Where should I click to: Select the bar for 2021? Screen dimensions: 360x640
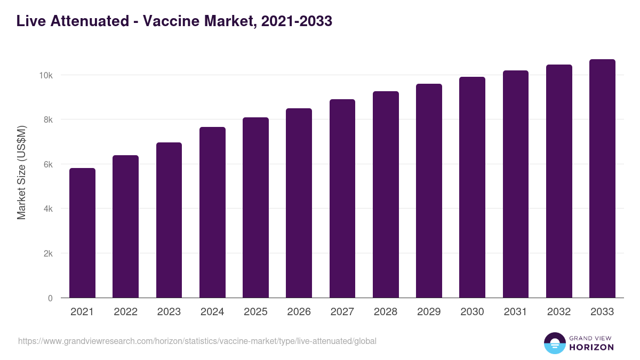pyautogui.click(x=82, y=233)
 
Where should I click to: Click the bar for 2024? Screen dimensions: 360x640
pyautogui.click(x=212, y=212)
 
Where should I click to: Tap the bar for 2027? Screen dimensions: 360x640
pyautogui.click(x=342, y=198)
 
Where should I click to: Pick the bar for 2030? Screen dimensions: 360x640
pyautogui.click(x=472, y=187)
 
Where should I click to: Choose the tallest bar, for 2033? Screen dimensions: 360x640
pyautogui.click(x=602, y=179)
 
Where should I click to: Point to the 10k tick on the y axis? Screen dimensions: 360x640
pyautogui.click(x=45, y=75)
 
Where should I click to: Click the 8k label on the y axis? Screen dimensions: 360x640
pyautogui.click(x=47, y=120)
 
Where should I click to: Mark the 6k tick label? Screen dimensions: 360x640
pyautogui.click(x=47, y=165)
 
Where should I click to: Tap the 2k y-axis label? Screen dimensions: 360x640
pyautogui.click(x=47, y=254)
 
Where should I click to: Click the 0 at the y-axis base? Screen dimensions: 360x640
pyautogui.click(x=50, y=299)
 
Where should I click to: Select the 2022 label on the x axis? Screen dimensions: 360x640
pyautogui.click(x=125, y=312)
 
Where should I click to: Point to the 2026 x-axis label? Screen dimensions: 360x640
pyautogui.click(x=299, y=312)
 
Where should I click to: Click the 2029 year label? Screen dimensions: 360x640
pyautogui.click(x=429, y=312)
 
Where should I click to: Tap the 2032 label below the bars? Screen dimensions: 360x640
pyautogui.click(x=559, y=312)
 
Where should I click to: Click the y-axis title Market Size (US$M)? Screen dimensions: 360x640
pyautogui.click(x=21, y=172)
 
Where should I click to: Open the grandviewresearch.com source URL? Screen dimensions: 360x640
pyautogui.click(x=197, y=341)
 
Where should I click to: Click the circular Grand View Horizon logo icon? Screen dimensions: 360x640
pyautogui.click(x=555, y=343)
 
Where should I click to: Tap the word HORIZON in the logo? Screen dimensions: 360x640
pyautogui.click(x=591, y=347)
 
